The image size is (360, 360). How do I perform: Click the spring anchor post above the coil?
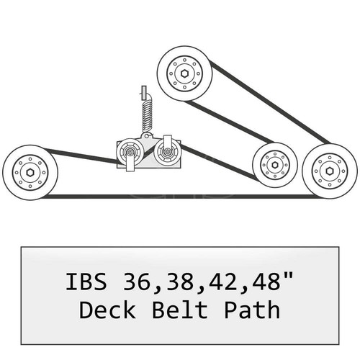pos(143,92)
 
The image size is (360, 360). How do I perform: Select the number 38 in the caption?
pos(176,282)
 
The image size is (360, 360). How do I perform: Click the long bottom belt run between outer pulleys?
pos(180,195)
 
